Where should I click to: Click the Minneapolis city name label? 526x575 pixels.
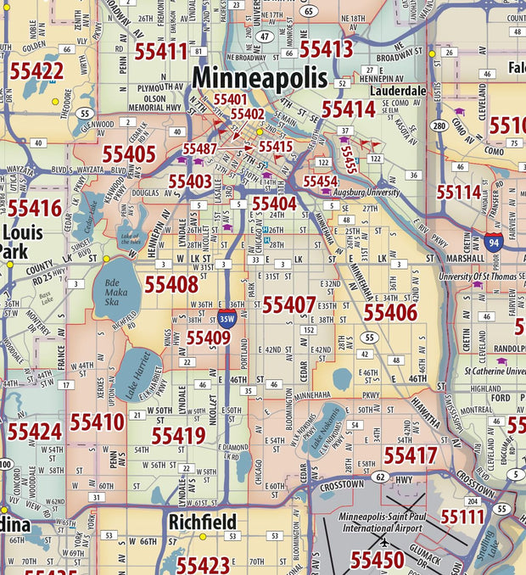[x=259, y=78]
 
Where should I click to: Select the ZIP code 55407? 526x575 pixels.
[x=288, y=304]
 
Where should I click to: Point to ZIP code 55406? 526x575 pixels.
[x=390, y=312]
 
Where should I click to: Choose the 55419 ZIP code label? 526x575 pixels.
[x=178, y=436]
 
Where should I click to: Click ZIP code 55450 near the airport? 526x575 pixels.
[x=377, y=560]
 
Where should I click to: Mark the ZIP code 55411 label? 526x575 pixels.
[x=160, y=51]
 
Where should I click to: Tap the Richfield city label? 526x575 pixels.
[x=202, y=522]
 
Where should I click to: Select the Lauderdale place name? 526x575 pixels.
[x=398, y=90]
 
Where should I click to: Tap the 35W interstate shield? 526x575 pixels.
[x=227, y=319]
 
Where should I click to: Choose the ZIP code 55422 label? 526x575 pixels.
[x=36, y=71]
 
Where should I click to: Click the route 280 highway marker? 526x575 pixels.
[x=439, y=126]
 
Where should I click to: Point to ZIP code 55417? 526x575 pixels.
[x=410, y=455]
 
